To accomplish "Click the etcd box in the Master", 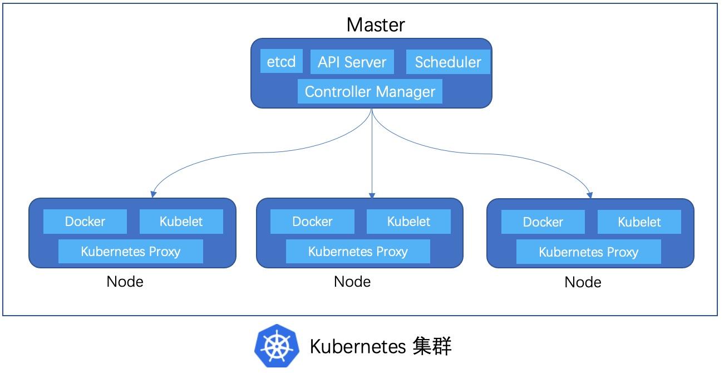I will tap(281, 61).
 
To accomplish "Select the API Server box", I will tap(352, 62).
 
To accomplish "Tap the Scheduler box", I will tap(448, 62).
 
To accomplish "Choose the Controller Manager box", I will tap(370, 91).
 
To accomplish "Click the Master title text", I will tap(376, 24).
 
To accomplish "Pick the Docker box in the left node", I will tap(85, 222).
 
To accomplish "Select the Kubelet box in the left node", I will tap(181, 222).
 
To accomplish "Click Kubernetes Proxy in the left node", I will tap(131, 251).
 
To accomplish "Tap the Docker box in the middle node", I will tap(312, 222).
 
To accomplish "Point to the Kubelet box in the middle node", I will tap(408, 222).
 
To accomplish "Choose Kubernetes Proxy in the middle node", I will tap(358, 251).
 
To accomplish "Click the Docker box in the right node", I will tap(543, 222).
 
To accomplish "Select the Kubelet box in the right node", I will tap(639, 222).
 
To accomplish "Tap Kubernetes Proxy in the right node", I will tap(588, 252).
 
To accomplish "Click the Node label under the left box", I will tap(125, 282).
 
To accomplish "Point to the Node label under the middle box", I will tap(352, 282).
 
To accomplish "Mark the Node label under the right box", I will tap(583, 282).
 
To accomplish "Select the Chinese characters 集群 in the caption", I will tap(432, 346).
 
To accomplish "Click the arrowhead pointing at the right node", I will tap(590, 195).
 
